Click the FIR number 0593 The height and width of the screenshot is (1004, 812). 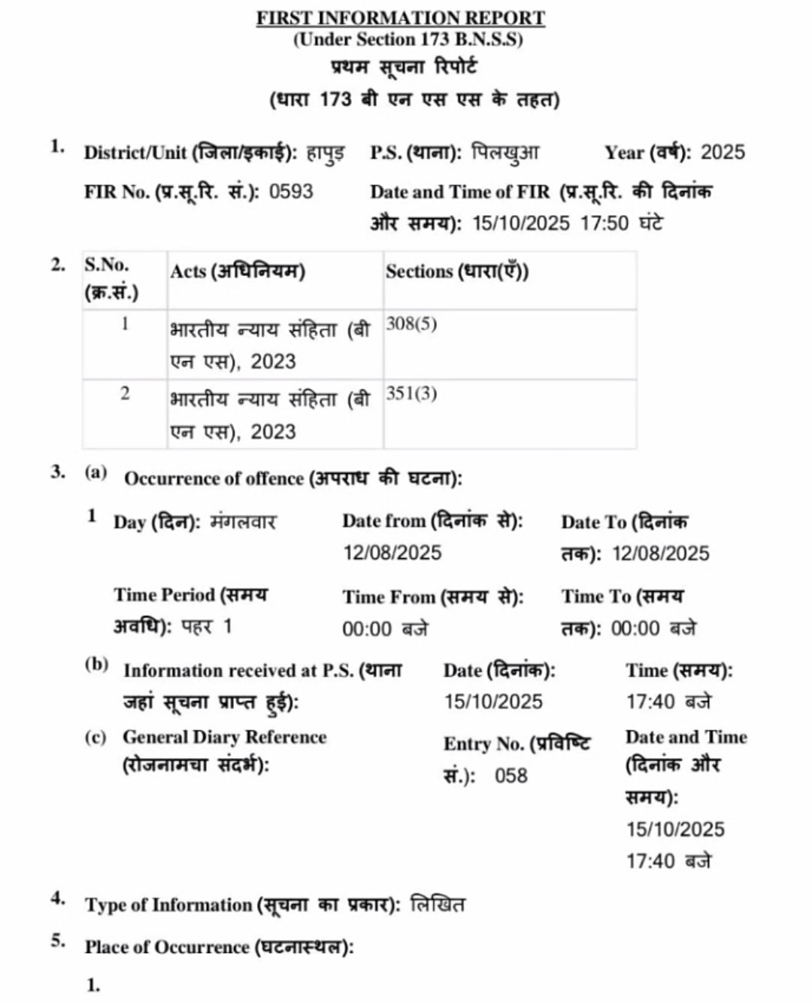pos(291,192)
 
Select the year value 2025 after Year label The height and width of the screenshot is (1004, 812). pos(723,153)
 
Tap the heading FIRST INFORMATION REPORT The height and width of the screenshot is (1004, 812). pos(401,17)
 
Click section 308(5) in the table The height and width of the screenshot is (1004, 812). pos(411,324)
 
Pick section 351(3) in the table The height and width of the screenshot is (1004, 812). pos(411,394)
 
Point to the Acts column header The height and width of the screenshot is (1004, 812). pos(238,271)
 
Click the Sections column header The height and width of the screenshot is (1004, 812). pos(457,271)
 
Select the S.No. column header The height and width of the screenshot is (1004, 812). pos(107,265)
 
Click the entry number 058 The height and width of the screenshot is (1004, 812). pos(511,775)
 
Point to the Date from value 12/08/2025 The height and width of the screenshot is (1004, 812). pos(392,553)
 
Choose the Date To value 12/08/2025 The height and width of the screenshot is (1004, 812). pos(661,554)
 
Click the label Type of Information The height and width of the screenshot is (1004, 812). pos(168,905)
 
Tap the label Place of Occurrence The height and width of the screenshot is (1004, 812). pos(167,947)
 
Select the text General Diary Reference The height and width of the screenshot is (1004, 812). pos(225,737)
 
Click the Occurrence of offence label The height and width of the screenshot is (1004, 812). pos(214,479)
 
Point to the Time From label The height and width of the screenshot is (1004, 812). pos(389,596)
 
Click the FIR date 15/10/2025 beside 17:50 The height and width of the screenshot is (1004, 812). pos(521,223)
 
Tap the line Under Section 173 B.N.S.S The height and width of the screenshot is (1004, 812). pos(408,40)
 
